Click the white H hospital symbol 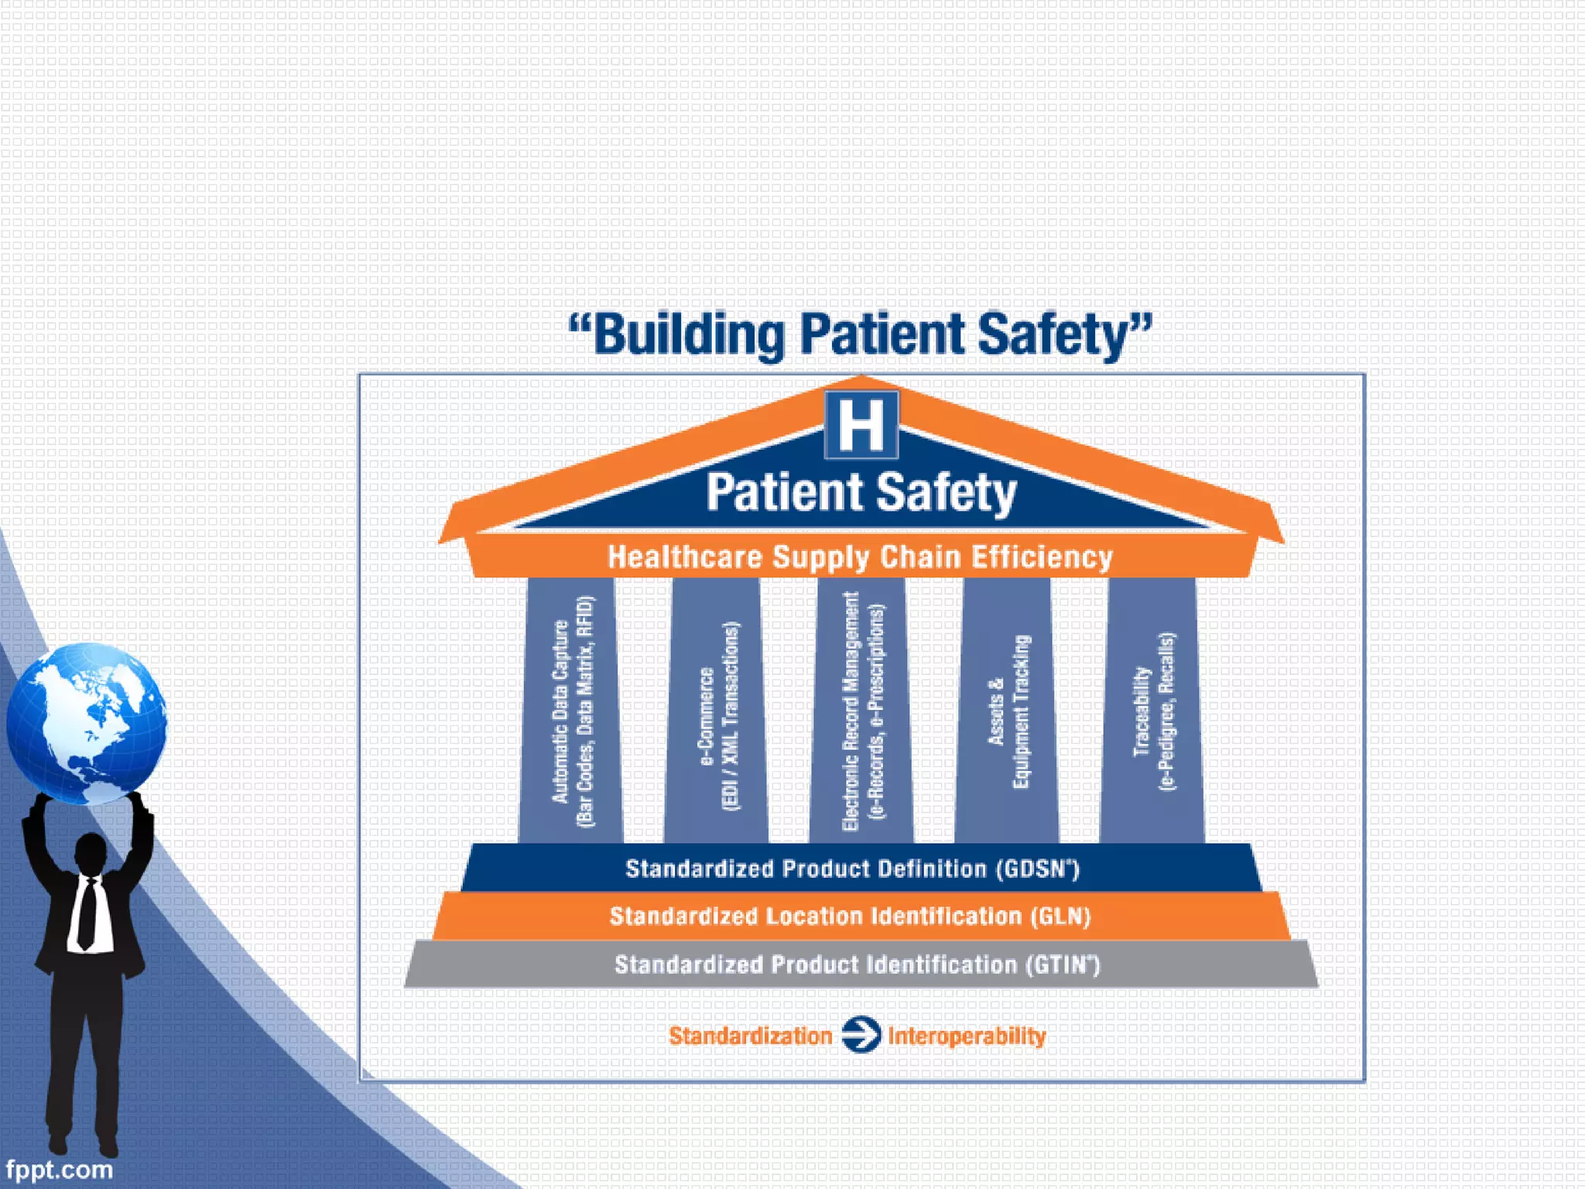[861, 425]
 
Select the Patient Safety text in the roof [861, 492]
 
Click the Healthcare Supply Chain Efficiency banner [860, 557]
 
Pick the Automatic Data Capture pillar [571, 711]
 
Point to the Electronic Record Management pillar [861, 711]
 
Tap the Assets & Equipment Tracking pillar [1008, 711]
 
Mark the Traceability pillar [1152, 711]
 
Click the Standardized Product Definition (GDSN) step [852, 869]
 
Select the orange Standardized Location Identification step [851, 917]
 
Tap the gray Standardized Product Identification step [857, 965]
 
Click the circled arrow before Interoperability [861, 1035]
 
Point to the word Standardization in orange [750, 1036]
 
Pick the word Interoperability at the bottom [967, 1036]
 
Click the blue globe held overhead [87, 723]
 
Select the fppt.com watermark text [59, 1169]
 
